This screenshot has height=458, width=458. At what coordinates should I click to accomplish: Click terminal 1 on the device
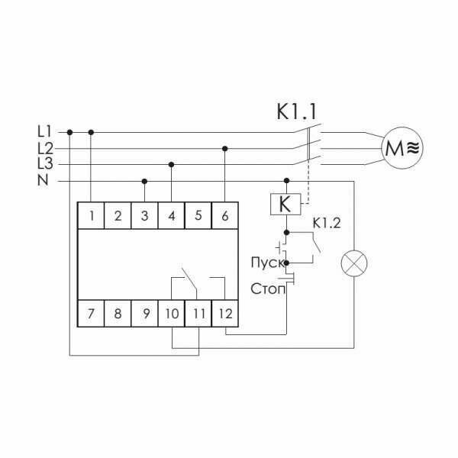(92, 216)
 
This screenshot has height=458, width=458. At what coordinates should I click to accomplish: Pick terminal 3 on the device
(145, 216)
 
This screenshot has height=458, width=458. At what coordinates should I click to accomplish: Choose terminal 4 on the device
(171, 216)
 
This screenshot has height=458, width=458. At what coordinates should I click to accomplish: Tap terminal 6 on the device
(224, 216)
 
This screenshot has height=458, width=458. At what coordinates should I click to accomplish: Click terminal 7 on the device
(92, 312)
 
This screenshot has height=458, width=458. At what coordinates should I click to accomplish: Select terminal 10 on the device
(171, 312)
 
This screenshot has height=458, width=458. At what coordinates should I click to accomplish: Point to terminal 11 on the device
(198, 312)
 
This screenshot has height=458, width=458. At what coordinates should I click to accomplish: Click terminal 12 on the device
(224, 312)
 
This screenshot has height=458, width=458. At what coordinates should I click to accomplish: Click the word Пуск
(266, 263)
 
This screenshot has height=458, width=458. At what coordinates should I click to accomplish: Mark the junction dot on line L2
(225, 148)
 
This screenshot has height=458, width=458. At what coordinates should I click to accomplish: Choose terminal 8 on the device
(118, 312)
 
